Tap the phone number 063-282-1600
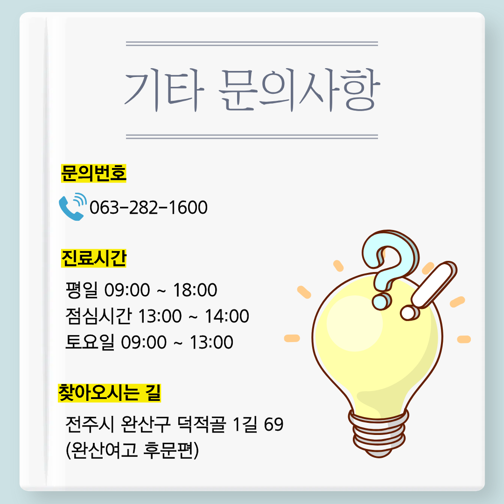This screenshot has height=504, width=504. point(148,207)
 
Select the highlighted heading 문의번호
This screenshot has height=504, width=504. point(93,173)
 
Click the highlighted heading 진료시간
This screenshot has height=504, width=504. point(93,258)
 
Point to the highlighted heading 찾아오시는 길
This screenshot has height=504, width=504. point(109,392)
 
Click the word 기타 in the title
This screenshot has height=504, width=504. point(164,91)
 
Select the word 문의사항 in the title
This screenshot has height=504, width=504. point(299,90)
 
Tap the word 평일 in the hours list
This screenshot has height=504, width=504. point(82,290)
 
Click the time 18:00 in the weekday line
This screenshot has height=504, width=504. point(195,290)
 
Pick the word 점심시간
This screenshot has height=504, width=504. point(98,316)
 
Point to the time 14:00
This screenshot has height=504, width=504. point(227,316)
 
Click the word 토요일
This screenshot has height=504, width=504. point(90,342)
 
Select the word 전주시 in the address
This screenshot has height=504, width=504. point(90,424)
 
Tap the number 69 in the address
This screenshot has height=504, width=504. point(273,424)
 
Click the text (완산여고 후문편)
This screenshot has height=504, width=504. point(132,450)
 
